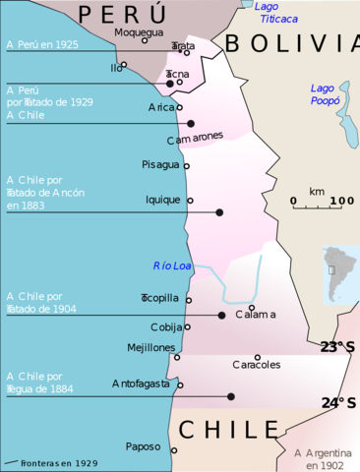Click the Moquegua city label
click(x=138, y=31)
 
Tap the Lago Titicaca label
click(x=271, y=12)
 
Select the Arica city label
click(x=161, y=106)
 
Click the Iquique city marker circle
click(x=190, y=200)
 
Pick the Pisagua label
click(x=161, y=164)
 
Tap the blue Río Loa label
click(x=171, y=265)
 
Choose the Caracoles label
click(x=256, y=364)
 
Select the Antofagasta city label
click(x=144, y=383)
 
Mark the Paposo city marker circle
click(x=174, y=450)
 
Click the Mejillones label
click(x=151, y=348)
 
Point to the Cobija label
click(x=166, y=326)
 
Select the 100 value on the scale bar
click(x=341, y=202)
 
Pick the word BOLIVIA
click(x=285, y=43)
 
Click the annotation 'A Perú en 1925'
click(x=41, y=44)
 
